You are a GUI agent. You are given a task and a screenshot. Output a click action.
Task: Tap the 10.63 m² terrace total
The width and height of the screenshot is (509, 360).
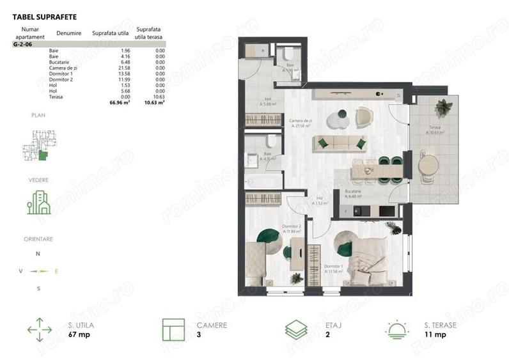click(x=155, y=101)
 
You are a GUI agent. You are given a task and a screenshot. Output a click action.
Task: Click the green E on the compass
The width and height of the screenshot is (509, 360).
click(x=56, y=271)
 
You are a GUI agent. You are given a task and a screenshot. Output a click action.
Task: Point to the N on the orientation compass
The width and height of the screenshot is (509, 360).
click(x=38, y=254)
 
